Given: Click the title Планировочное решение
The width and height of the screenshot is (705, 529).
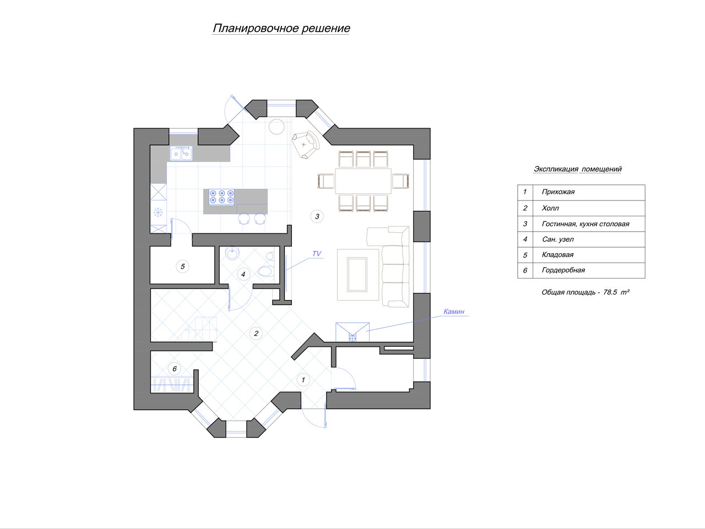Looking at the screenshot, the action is (281, 28).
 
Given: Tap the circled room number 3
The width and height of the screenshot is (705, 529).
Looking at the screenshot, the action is (317, 216).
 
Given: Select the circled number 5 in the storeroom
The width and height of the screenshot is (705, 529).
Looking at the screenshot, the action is (182, 266).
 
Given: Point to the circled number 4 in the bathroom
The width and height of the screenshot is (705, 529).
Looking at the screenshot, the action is (243, 274).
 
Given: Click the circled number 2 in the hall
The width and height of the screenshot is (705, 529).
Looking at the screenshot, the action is (256, 333).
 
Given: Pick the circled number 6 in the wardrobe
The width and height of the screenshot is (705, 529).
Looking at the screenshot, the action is (175, 369).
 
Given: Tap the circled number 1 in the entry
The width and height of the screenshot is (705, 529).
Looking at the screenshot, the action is (303, 380).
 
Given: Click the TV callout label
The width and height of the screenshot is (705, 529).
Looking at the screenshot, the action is (317, 254).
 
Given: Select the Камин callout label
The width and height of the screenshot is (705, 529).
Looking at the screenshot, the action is (454, 312).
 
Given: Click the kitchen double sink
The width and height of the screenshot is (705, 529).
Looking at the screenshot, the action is (181, 153).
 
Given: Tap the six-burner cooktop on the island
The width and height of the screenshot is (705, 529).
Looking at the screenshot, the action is (221, 197).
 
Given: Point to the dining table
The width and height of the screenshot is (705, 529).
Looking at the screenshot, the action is (364, 181).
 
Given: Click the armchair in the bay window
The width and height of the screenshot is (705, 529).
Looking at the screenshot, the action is (306, 144).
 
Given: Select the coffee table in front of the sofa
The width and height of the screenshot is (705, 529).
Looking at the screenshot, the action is (357, 275).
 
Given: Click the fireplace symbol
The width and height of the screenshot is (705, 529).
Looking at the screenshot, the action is (352, 332).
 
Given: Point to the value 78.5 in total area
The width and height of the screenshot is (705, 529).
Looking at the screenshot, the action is (610, 292).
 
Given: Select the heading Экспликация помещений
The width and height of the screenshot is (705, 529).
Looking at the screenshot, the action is (577, 169).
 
